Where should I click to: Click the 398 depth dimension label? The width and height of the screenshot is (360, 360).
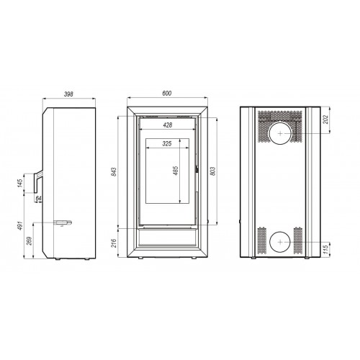[68, 94]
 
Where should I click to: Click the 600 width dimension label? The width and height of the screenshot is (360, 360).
[167, 93]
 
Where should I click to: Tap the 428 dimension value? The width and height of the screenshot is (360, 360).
[167, 125]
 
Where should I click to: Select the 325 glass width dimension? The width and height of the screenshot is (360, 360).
[167, 143]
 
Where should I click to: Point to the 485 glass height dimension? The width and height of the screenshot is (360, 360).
[176, 171]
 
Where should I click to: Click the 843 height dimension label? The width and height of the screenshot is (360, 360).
[114, 172]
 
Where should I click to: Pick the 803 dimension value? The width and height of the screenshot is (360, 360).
[212, 171]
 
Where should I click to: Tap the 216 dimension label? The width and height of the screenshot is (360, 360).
[114, 243]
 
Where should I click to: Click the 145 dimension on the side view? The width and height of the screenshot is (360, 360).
[20, 183]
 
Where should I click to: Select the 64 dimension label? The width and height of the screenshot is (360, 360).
[38, 199]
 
